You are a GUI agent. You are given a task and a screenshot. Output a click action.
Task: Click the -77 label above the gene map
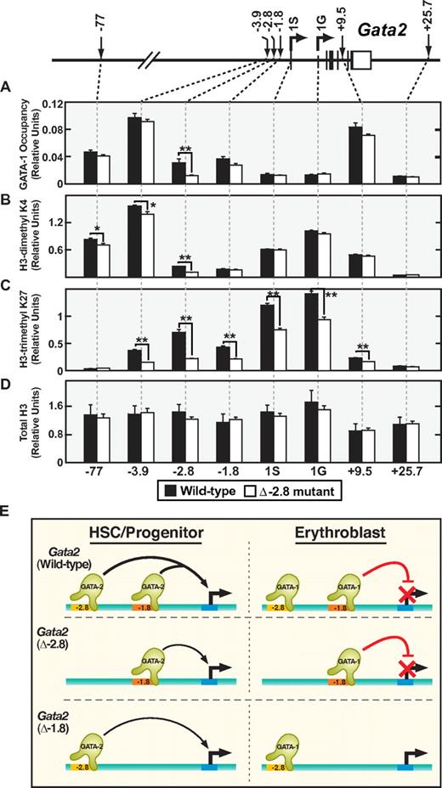[x=100, y=15]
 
